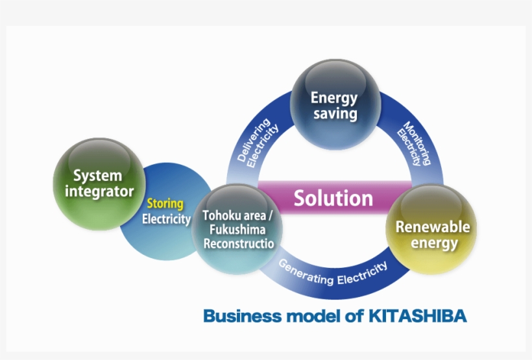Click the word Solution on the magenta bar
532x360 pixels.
click(333, 198)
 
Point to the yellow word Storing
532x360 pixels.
click(165, 204)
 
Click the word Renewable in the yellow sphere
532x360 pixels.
click(432, 227)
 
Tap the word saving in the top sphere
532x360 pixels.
click(335, 114)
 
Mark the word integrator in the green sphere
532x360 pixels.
click(99, 191)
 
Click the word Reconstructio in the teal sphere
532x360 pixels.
click(239, 243)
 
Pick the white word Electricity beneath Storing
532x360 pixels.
click(166, 219)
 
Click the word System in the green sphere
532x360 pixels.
click(97, 175)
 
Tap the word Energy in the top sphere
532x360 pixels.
click(334, 98)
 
